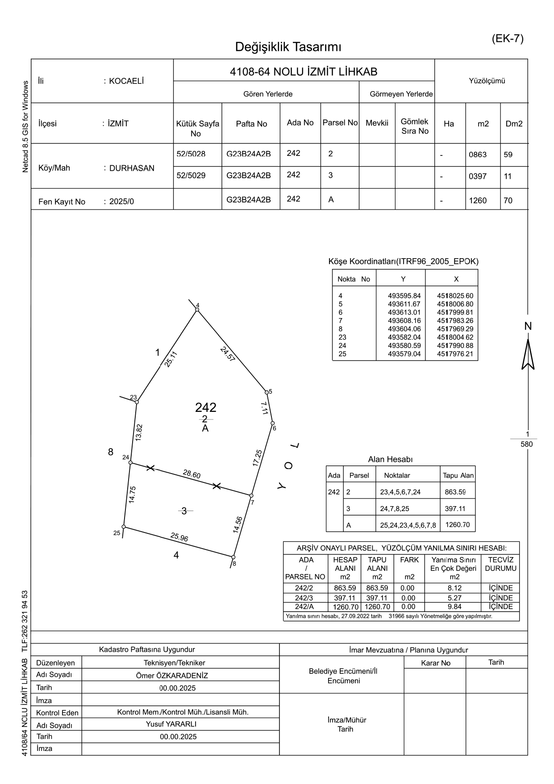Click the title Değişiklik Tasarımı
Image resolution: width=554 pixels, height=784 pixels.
tap(288, 47)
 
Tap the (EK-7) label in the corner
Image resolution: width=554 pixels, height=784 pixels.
tap(508, 38)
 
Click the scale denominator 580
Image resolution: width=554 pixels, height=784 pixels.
tap(527, 444)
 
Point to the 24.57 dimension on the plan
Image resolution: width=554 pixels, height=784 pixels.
tap(228, 354)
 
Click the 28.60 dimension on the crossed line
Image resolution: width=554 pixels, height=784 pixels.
tap(192, 474)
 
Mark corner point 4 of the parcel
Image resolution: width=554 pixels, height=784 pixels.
tap(197, 310)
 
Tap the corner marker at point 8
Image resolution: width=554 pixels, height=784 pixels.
tap(233, 557)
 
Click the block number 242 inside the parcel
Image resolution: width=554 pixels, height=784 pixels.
tap(206, 407)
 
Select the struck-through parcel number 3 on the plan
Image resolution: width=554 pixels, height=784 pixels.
tap(184, 511)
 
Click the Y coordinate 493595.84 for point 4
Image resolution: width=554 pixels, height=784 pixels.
tap(404, 296)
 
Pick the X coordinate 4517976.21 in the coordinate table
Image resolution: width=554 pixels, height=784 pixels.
tap(455, 354)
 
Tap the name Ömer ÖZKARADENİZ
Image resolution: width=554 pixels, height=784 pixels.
tap(172, 676)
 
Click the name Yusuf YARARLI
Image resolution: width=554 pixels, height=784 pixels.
tap(171, 724)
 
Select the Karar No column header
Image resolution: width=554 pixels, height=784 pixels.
tap(435, 663)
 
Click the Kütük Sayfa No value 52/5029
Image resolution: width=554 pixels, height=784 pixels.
tap(191, 176)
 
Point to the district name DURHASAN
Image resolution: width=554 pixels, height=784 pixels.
tap(132, 168)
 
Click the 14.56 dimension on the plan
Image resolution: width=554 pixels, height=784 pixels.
tap(238, 524)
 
